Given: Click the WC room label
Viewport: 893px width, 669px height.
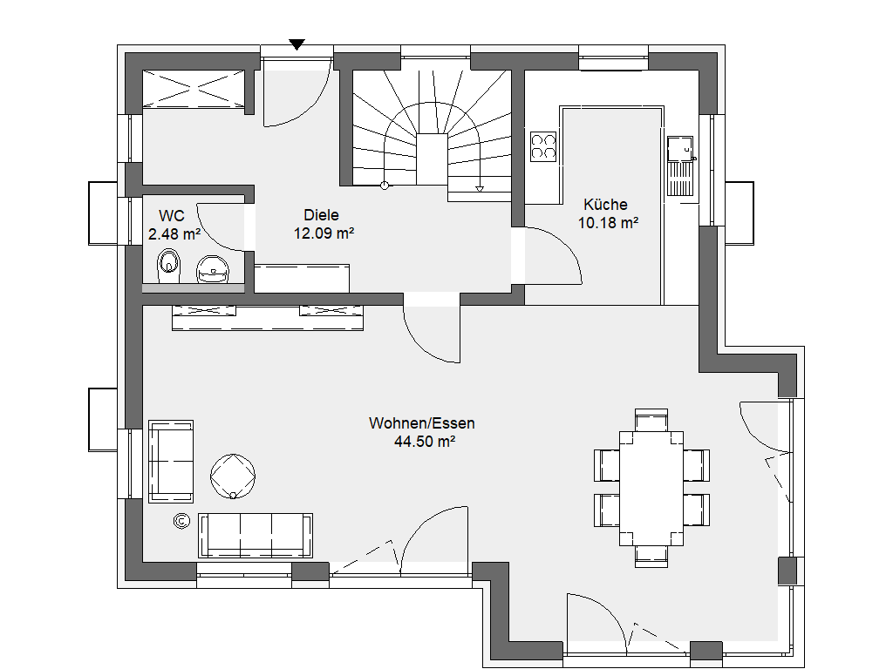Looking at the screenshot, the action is click(172, 216).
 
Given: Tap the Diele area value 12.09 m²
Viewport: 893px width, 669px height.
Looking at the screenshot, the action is click(324, 233).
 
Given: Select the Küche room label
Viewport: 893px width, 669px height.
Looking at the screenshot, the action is click(605, 205).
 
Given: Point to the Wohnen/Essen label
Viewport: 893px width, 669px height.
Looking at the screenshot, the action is click(422, 423).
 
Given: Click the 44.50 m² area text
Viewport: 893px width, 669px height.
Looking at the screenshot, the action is click(425, 442).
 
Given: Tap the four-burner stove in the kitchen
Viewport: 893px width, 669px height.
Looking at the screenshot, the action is click(542, 146).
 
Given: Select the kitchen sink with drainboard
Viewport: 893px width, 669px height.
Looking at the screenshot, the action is click(680, 166).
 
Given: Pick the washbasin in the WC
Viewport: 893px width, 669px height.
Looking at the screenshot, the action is click(213, 269).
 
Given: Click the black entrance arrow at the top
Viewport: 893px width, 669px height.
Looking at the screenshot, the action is click(297, 44).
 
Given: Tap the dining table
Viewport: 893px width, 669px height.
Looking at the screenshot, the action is click(651, 488).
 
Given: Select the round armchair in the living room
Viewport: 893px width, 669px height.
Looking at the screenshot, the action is click(232, 476).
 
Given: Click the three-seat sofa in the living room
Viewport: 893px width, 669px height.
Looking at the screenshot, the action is click(256, 536).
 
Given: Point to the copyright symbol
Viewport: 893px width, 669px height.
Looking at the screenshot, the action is click(181, 521).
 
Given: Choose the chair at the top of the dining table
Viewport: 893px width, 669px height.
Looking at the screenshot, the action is click(651, 420).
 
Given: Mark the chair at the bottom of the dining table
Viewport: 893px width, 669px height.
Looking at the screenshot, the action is click(651, 556).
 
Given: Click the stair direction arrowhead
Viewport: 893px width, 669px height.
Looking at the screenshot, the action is click(480, 189).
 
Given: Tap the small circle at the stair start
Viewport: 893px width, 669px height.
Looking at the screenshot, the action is click(385, 185).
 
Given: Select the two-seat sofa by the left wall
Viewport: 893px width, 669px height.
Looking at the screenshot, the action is click(171, 462).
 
